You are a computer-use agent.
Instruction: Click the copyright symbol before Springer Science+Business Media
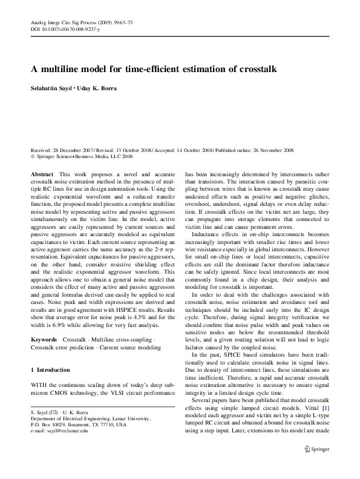[32, 156]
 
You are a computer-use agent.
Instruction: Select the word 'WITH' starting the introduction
[39, 385]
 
